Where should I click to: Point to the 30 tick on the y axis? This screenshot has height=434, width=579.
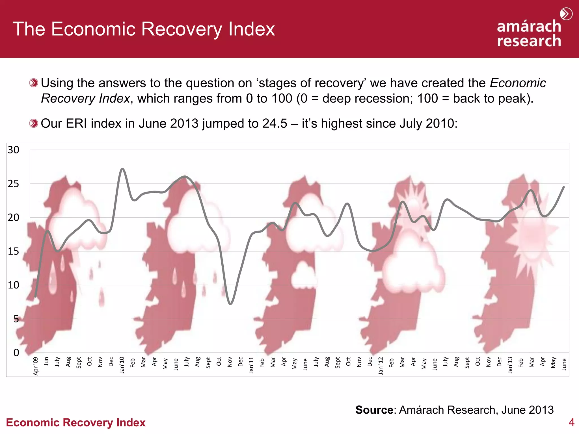pos(13,150)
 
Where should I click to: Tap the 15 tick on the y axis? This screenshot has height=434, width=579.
pos(13,251)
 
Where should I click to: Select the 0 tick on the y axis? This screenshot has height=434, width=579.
pos(16,353)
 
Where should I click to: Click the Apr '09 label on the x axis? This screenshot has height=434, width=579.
pos(36,366)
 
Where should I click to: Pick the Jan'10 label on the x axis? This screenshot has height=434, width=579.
pos(122,365)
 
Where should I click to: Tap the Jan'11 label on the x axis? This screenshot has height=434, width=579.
pos(251,365)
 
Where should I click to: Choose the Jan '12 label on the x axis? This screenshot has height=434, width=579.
pos(381,366)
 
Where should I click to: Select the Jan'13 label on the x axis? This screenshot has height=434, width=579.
pos(510,365)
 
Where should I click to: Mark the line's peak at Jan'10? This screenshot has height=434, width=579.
pos(122,169)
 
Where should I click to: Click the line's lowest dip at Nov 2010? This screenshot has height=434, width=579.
pos(230,304)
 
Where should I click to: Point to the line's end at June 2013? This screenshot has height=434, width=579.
pos(564,187)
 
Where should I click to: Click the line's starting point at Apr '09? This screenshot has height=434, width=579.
pos(35,297)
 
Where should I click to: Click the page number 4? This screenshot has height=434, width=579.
pos(571,422)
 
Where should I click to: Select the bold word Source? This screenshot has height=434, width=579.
pos(374,410)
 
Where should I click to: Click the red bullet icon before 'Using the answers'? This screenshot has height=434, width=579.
pos(33,83)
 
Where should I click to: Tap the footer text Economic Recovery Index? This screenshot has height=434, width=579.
pos(76,422)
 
